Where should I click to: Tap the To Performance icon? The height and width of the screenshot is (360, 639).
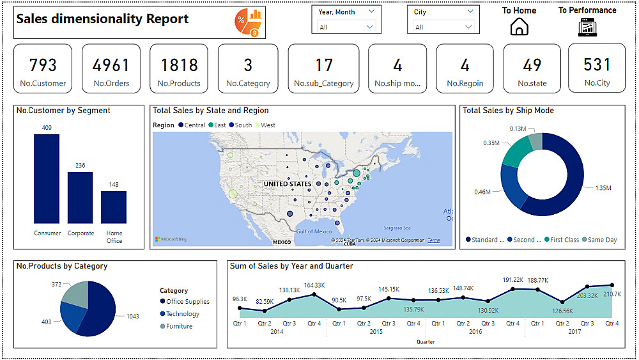[x=587, y=27]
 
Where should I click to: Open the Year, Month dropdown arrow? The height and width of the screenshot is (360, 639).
[x=370, y=27]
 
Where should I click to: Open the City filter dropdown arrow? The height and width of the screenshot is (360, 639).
[x=470, y=27]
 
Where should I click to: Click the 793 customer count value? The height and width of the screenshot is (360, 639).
[x=43, y=65]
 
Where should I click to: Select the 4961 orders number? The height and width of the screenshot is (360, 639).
[x=111, y=65]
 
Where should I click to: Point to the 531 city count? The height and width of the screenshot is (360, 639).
[x=597, y=65]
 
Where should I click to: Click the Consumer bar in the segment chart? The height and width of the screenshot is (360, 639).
[x=47, y=178]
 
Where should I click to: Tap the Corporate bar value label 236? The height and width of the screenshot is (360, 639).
[x=81, y=166]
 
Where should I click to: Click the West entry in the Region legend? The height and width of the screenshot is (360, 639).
[x=268, y=125]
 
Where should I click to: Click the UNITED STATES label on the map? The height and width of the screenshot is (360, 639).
[x=288, y=184]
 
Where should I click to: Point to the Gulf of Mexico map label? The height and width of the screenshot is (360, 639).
[x=314, y=231]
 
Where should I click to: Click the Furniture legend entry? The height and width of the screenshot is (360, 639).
[x=179, y=326]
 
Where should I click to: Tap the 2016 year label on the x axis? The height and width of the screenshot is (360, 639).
[x=475, y=332]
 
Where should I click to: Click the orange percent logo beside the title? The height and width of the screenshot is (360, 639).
[x=247, y=23]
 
